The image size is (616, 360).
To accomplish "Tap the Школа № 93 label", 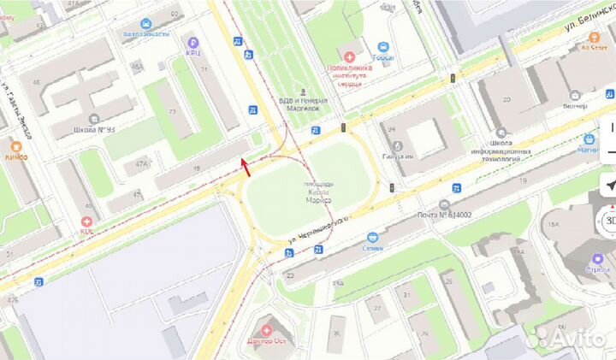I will (93, 130).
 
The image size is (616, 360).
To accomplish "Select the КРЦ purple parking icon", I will (192, 42).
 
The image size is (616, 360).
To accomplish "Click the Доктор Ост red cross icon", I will (267, 329).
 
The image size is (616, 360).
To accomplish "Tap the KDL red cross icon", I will (87, 221).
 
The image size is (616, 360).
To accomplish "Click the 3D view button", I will (610, 220).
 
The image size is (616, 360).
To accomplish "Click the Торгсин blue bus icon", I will (384, 48).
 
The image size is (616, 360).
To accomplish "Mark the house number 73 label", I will (173, 111).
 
